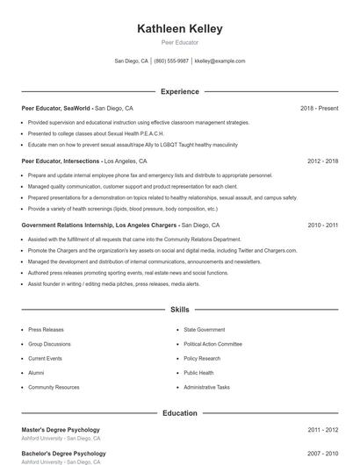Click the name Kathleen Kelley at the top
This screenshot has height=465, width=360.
[180, 29]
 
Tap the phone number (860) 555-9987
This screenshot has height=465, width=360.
[171, 61]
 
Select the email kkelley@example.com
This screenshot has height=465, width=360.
[220, 61]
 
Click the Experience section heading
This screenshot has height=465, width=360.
[180, 91]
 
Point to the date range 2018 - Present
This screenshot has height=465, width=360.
[319, 108]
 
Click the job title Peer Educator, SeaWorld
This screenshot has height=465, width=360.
[56, 108]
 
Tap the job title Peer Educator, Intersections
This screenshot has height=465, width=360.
[61, 161]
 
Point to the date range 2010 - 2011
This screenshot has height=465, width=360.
[322, 225]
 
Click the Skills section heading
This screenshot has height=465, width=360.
[180, 310]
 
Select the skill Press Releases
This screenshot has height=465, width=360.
[46, 330]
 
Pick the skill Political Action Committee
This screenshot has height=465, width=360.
[212, 344]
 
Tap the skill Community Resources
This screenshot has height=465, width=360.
[54, 387]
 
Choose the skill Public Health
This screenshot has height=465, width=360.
[198, 373]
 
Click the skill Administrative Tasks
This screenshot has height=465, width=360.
[206, 387]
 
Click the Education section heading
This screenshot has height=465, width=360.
[180, 413]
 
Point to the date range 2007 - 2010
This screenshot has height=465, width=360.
[322, 454]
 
